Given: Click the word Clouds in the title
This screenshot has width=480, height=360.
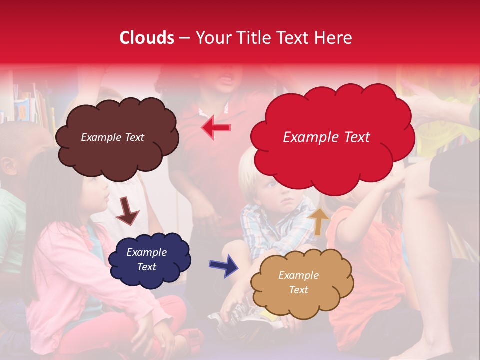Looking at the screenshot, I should point(147,38).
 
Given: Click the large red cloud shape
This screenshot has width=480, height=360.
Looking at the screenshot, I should point(332,160).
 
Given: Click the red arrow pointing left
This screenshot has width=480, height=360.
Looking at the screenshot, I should point(216,128).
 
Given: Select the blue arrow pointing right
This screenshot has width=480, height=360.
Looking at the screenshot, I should point(224,265).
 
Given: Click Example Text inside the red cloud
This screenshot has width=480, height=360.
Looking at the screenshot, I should point(326,137).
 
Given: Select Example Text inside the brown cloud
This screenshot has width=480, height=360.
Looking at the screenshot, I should point(112,137).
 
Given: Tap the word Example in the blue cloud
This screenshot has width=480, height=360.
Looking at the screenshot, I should point(146,252).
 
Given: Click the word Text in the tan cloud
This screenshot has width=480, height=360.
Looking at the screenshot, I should point(298,290).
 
